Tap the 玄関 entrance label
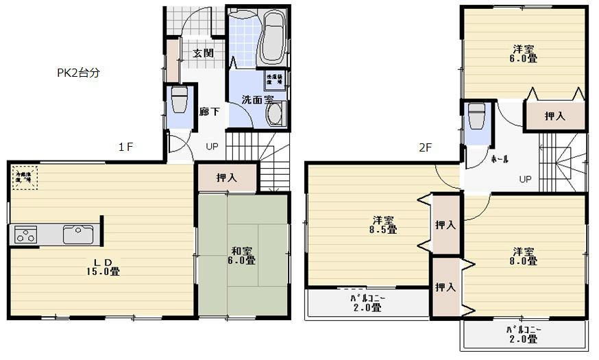(202, 53)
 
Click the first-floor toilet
(179, 101)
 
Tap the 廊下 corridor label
(209, 111)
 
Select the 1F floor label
(124, 146)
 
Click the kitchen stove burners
(25, 235)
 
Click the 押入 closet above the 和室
(227, 178)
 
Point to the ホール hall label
(499, 158)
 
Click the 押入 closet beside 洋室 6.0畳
(555, 116)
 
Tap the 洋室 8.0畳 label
(522, 256)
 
